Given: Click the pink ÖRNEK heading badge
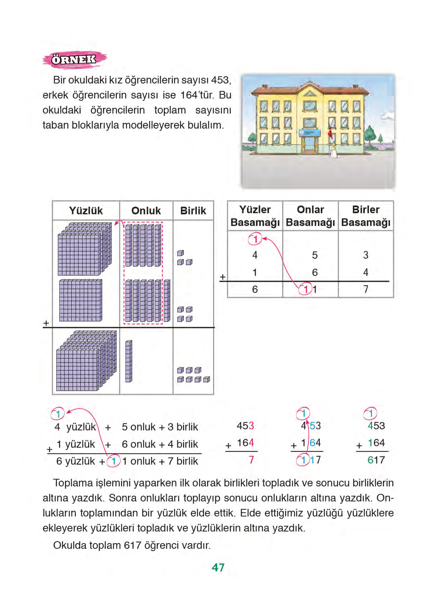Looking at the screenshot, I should click(x=74, y=59).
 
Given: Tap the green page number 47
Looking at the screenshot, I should click(x=218, y=567).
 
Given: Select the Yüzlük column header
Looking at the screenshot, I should click(x=86, y=211).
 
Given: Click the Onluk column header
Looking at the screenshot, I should click(x=146, y=211).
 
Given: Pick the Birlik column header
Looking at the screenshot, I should click(x=193, y=211).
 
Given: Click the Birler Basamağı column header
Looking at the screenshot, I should click(x=366, y=216).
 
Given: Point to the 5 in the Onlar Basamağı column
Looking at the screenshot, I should click(x=315, y=255).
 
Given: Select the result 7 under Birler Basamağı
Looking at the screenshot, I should click(x=366, y=289).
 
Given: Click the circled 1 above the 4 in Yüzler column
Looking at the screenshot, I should click(x=255, y=239).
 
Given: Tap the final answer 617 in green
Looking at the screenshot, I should click(x=376, y=460).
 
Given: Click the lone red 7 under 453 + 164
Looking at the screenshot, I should click(x=251, y=460).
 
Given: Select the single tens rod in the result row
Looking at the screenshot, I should click(x=129, y=361).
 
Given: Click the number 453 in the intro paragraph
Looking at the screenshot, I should click(x=220, y=80).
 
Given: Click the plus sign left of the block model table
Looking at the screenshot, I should click(x=46, y=323).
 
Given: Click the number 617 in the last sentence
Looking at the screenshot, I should click(x=132, y=545).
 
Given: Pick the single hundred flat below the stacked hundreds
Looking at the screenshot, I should click(x=80, y=300).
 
